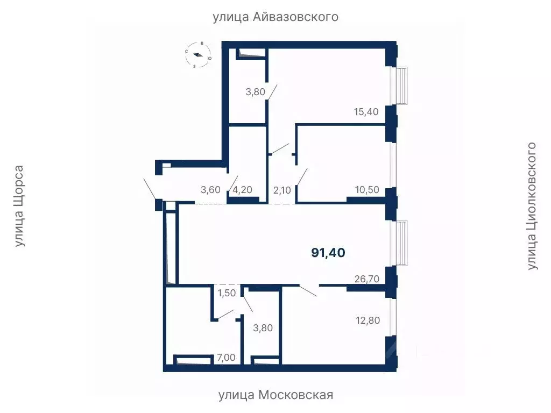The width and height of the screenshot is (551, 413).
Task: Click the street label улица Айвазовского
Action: tap(275, 17)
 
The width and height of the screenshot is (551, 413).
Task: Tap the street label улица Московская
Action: tap(275, 395)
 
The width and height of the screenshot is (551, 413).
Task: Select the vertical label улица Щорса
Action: tap(19, 206)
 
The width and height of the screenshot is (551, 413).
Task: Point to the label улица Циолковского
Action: tap(532, 206)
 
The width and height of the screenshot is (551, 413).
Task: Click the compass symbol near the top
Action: tap(198, 54)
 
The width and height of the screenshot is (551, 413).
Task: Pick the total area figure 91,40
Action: tap(328, 252)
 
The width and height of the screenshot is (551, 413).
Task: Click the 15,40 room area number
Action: tap(366, 112)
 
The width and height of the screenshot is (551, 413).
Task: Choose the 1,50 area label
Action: tap(227, 293)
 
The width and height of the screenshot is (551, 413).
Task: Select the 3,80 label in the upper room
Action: tap(255, 92)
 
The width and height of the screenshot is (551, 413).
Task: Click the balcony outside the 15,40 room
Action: tap(402, 86)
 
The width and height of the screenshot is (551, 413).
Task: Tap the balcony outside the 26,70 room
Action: tap(402, 243)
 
